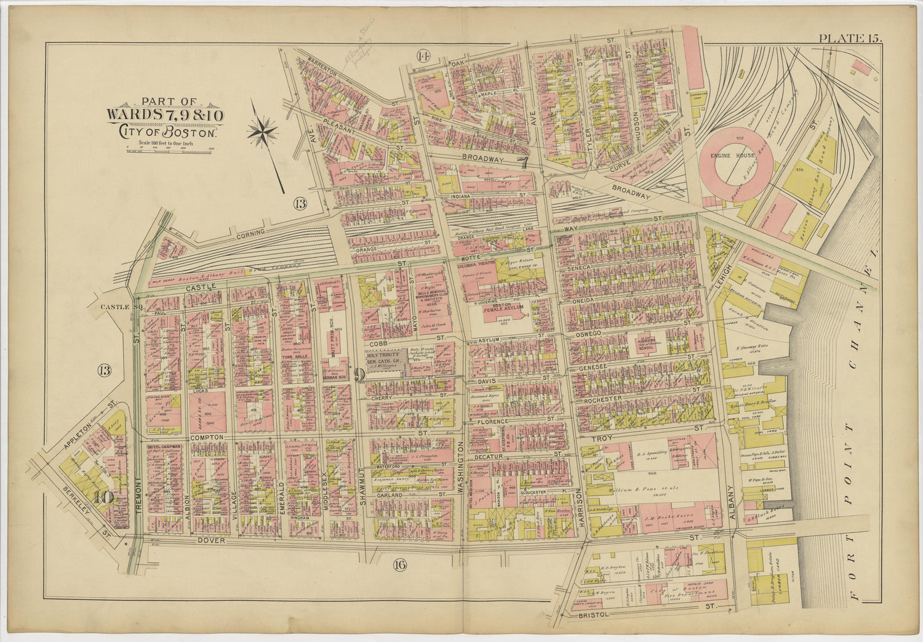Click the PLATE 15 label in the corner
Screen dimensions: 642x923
[x=849, y=38]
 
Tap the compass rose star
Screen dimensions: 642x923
[x=263, y=131]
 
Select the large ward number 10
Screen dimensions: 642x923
[x=103, y=496]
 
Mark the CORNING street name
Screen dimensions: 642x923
[x=250, y=233]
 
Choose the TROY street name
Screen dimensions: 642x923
[x=599, y=439]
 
